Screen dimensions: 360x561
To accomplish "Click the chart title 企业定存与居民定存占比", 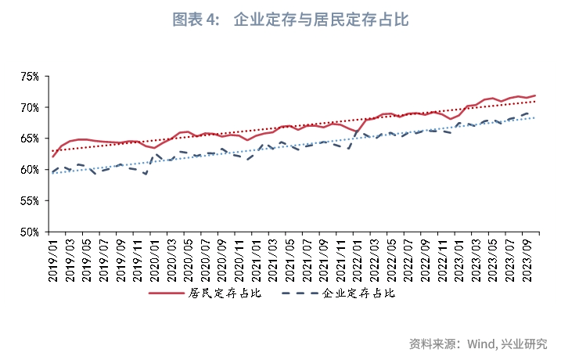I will tap(321, 20).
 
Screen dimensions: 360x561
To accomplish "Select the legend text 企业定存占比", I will tap(359, 293).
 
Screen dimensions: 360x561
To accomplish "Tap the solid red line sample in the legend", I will tap(167, 293).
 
